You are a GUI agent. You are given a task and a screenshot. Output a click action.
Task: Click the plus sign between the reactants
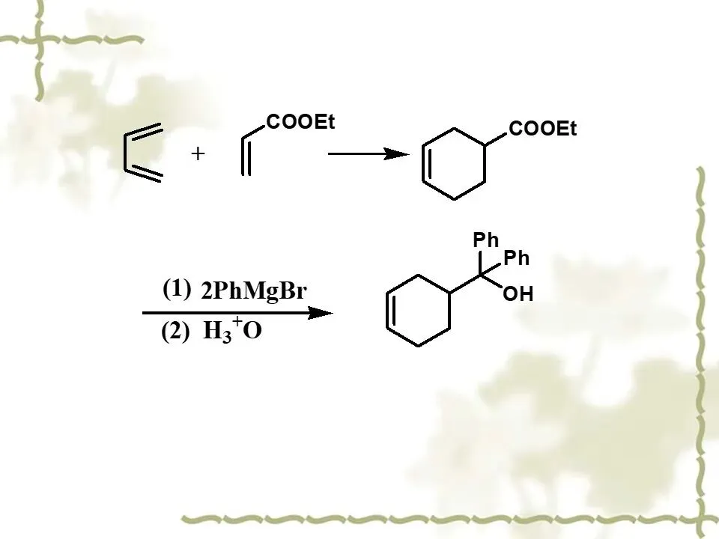(198, 154)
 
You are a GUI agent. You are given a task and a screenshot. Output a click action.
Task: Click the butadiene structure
(142, 153)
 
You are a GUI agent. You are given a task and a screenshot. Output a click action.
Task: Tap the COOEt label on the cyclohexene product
(543, 130)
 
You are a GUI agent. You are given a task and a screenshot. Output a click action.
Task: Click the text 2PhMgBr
(254, 291)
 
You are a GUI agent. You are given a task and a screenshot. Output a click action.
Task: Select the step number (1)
(177, 289)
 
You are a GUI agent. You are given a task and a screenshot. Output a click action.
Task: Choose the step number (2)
(176, 332)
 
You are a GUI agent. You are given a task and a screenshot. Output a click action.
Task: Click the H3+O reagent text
(233, 330)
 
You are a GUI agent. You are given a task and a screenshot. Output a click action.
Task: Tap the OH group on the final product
(518, 295)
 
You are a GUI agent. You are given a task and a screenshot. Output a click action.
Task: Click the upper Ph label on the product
(486, 240)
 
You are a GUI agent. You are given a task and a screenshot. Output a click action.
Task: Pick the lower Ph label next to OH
(517, 259)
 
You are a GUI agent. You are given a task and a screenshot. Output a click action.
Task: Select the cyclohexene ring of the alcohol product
(418, 311)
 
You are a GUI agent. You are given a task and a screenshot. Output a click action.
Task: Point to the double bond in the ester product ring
(427, 165)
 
